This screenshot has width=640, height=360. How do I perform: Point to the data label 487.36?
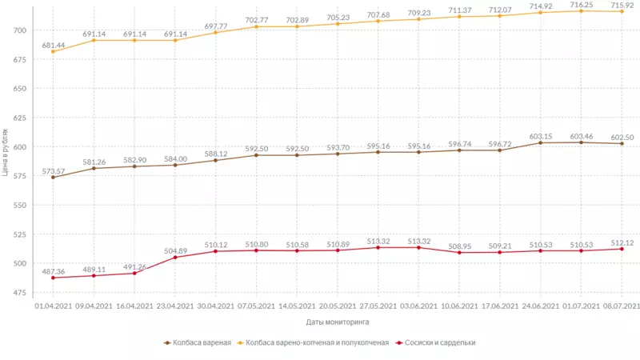click(x=53, y=271)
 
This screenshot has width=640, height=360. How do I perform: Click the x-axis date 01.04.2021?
click(x=53, y=306)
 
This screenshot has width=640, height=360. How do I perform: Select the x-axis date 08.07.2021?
click(x=621, y=306)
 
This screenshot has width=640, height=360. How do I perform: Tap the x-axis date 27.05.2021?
click(x=378, y=306)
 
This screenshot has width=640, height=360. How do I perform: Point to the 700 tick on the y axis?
click(x=19, y=30)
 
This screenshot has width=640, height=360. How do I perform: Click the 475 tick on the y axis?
click(x=19, y=294)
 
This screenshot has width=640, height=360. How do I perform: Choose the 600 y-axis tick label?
click(x=19, y=147)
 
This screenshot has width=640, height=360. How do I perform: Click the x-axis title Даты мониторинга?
click(x=337, y=322)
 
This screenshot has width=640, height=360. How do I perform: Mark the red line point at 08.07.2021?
click(x=621, y=249)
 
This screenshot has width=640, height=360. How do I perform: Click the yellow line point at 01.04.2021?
click(x=53, y=51)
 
